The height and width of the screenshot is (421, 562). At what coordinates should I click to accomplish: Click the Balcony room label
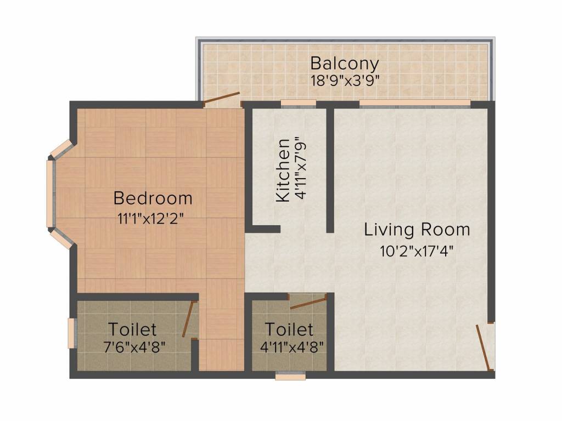[x=345, y=64]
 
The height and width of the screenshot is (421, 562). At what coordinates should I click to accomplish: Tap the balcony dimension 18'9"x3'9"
[x=345, y=81]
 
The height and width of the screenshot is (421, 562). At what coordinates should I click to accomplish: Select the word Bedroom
[x=153, y=198]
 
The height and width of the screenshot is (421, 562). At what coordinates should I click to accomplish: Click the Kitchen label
[x=283, y=170]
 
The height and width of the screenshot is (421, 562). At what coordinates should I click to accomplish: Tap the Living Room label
[x=417, y=230]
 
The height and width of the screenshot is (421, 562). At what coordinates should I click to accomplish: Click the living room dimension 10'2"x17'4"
[x=417, y=251]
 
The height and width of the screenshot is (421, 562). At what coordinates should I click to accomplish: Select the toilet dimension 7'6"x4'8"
[x=134, y=347]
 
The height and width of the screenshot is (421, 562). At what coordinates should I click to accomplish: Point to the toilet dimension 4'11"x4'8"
[x=292, y=347]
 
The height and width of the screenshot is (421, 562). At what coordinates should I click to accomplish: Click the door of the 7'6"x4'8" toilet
[x=189, y=319]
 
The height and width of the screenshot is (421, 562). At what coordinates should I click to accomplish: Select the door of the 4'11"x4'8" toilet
[x=308, y=303]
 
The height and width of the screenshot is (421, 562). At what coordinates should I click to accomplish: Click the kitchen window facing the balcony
[x=298, y=104]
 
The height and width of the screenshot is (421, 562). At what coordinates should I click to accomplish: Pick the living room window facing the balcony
[x=415, y=104]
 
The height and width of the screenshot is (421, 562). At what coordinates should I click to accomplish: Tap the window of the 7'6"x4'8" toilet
[x=72, y=333]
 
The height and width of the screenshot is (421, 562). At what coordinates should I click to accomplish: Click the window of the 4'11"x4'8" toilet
[x=290, y=376]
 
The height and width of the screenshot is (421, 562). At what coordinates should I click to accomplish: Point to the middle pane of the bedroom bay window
[x=50, y=194]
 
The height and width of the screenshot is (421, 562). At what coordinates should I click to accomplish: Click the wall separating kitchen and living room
[x=330, y=170]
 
